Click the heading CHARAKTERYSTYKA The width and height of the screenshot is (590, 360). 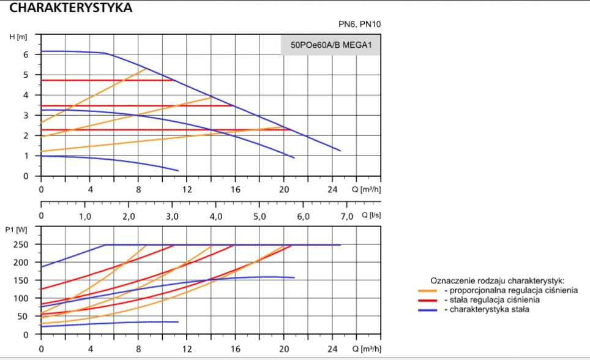pos(71,8)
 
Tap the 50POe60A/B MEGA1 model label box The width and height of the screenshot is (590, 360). pos(330,45)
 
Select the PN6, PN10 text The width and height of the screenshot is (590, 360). pos(364,24)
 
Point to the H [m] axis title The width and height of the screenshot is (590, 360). pos(19,37)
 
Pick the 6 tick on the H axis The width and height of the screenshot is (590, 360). pos(26,54)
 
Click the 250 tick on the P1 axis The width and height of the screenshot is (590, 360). pos(21,244)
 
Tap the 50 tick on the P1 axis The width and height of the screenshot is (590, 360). pos(23,317)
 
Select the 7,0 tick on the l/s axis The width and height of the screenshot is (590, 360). pos(346,217)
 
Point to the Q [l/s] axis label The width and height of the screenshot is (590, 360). pos(372,216)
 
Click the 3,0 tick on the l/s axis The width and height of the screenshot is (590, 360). pos(172,217)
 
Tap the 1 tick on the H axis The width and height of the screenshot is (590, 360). pos(26,156)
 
